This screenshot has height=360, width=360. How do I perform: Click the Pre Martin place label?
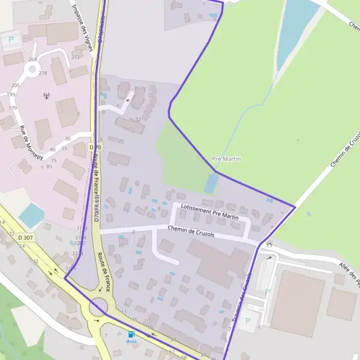(227, 159)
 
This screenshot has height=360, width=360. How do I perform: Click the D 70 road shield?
(95, 147)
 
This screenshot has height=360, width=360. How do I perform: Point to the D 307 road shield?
(26, 238)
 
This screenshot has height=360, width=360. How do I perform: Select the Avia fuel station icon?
(131, 334)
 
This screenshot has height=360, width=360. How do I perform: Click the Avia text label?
(131, 341)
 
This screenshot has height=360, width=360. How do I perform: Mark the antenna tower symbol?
(46, 95)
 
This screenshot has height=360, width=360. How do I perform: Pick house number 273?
(75, 57)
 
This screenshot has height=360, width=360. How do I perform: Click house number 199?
(11, 95)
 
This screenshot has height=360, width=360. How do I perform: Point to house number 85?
(49, 166)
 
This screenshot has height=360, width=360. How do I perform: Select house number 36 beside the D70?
(101, 94)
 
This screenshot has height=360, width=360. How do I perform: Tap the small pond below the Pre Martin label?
(211, 182)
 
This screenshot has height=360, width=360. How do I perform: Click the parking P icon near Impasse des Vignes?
(10, 41)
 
